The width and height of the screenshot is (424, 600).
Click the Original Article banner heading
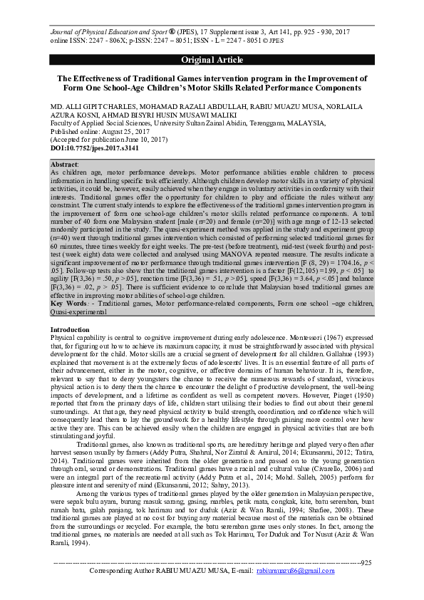tap(212, 59)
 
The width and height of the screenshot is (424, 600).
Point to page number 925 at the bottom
tap(366, 582)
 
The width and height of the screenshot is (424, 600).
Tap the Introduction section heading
tap(71, 330)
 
